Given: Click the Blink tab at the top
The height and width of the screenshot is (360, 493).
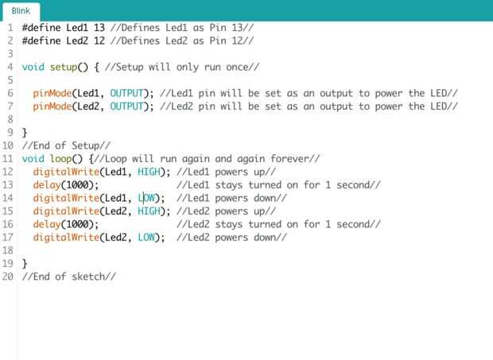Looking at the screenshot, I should pyautogui.click(x=21, y=10).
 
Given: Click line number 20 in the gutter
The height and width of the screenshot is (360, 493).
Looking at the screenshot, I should pyautogui.click(x=7, y=277).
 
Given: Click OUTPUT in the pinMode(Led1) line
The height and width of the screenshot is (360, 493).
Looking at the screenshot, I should pyautogui.click(x=127, y=93).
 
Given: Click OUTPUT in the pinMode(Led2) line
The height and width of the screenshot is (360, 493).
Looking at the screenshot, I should pyautogui.click(x=127, y=106).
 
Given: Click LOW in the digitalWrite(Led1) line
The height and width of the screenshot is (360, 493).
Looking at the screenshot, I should pyautogui.click(x=147, y=198).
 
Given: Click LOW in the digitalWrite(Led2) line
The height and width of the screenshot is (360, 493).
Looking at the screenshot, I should pyautogui.click(x=147, y=237).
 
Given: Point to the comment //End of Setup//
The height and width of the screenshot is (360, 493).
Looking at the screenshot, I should pyautogui.click(x=66, y=145).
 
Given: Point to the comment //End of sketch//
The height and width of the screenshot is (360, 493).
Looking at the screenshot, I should pyautogui.click(x=69, y=277).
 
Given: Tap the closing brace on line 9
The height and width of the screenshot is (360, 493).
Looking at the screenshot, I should pyautogui.click(x=25, y=132).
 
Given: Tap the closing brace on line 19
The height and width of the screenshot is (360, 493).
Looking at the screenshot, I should pyautogui.click(x=25, y=263).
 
